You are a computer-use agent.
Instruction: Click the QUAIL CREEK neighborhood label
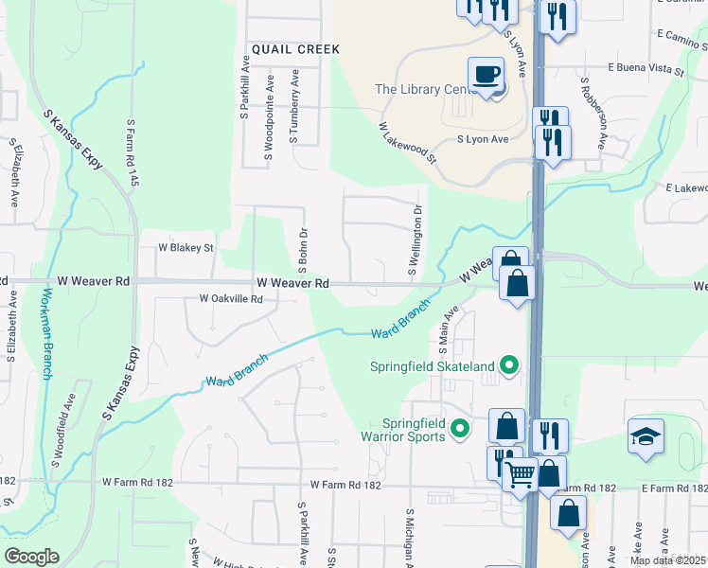[x=288, y=48]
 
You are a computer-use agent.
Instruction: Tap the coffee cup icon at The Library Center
[x=486, y=74]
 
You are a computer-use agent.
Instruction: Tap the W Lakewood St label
[x=408, y=142]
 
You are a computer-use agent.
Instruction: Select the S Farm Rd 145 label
[x=132, y=151]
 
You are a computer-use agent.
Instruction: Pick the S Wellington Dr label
[x=414, y=240]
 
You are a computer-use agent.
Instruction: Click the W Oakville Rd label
[x=230, y=298]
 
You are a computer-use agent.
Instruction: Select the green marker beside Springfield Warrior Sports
[x=460, y=429]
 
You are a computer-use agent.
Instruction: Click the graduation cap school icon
[x=645, y=436]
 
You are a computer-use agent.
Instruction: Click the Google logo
[x=32, y=557]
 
